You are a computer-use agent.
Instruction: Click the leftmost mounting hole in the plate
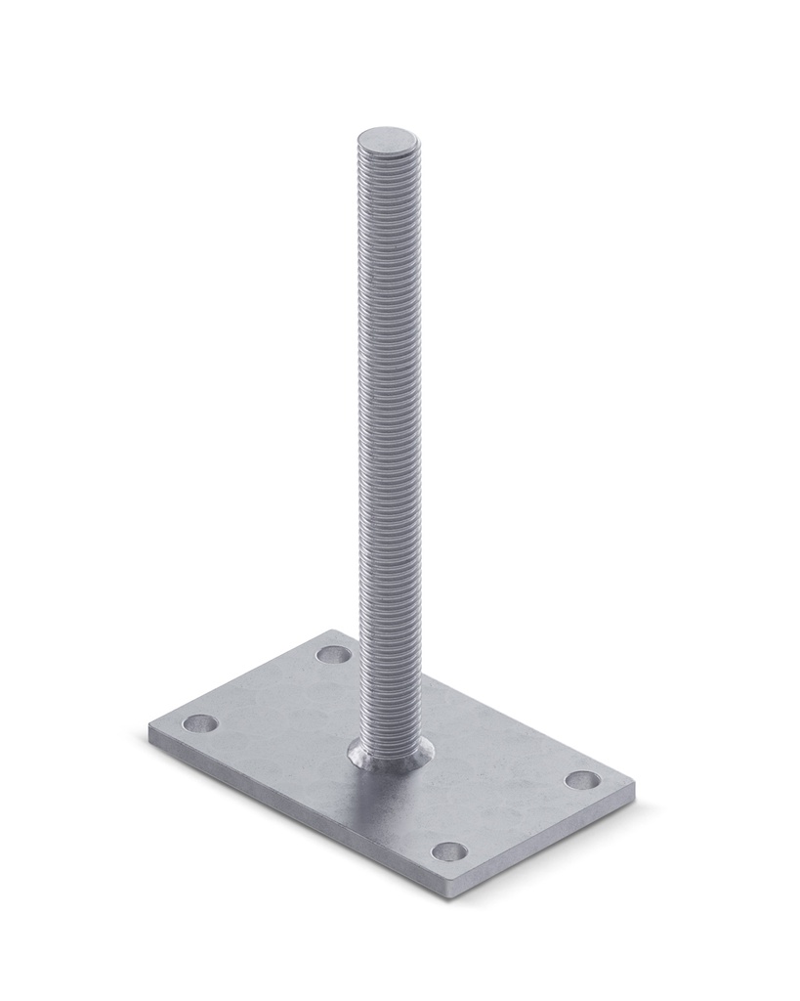pyautogui.click(x=201, y=723)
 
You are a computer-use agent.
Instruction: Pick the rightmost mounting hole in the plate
pyautogui.click(x=583, y=780)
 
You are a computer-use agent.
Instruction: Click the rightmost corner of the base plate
pyautogui.click(x=634, y=785)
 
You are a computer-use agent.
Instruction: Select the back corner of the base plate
pyautogui.click(x=332, y=631)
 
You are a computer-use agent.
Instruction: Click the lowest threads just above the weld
pyautogui.click(x=391, y=723)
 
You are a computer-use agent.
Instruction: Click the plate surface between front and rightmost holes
pyautogui.click(x=518, y=816)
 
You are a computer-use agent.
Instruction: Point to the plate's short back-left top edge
pyautogui.click(x=239, y=678)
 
